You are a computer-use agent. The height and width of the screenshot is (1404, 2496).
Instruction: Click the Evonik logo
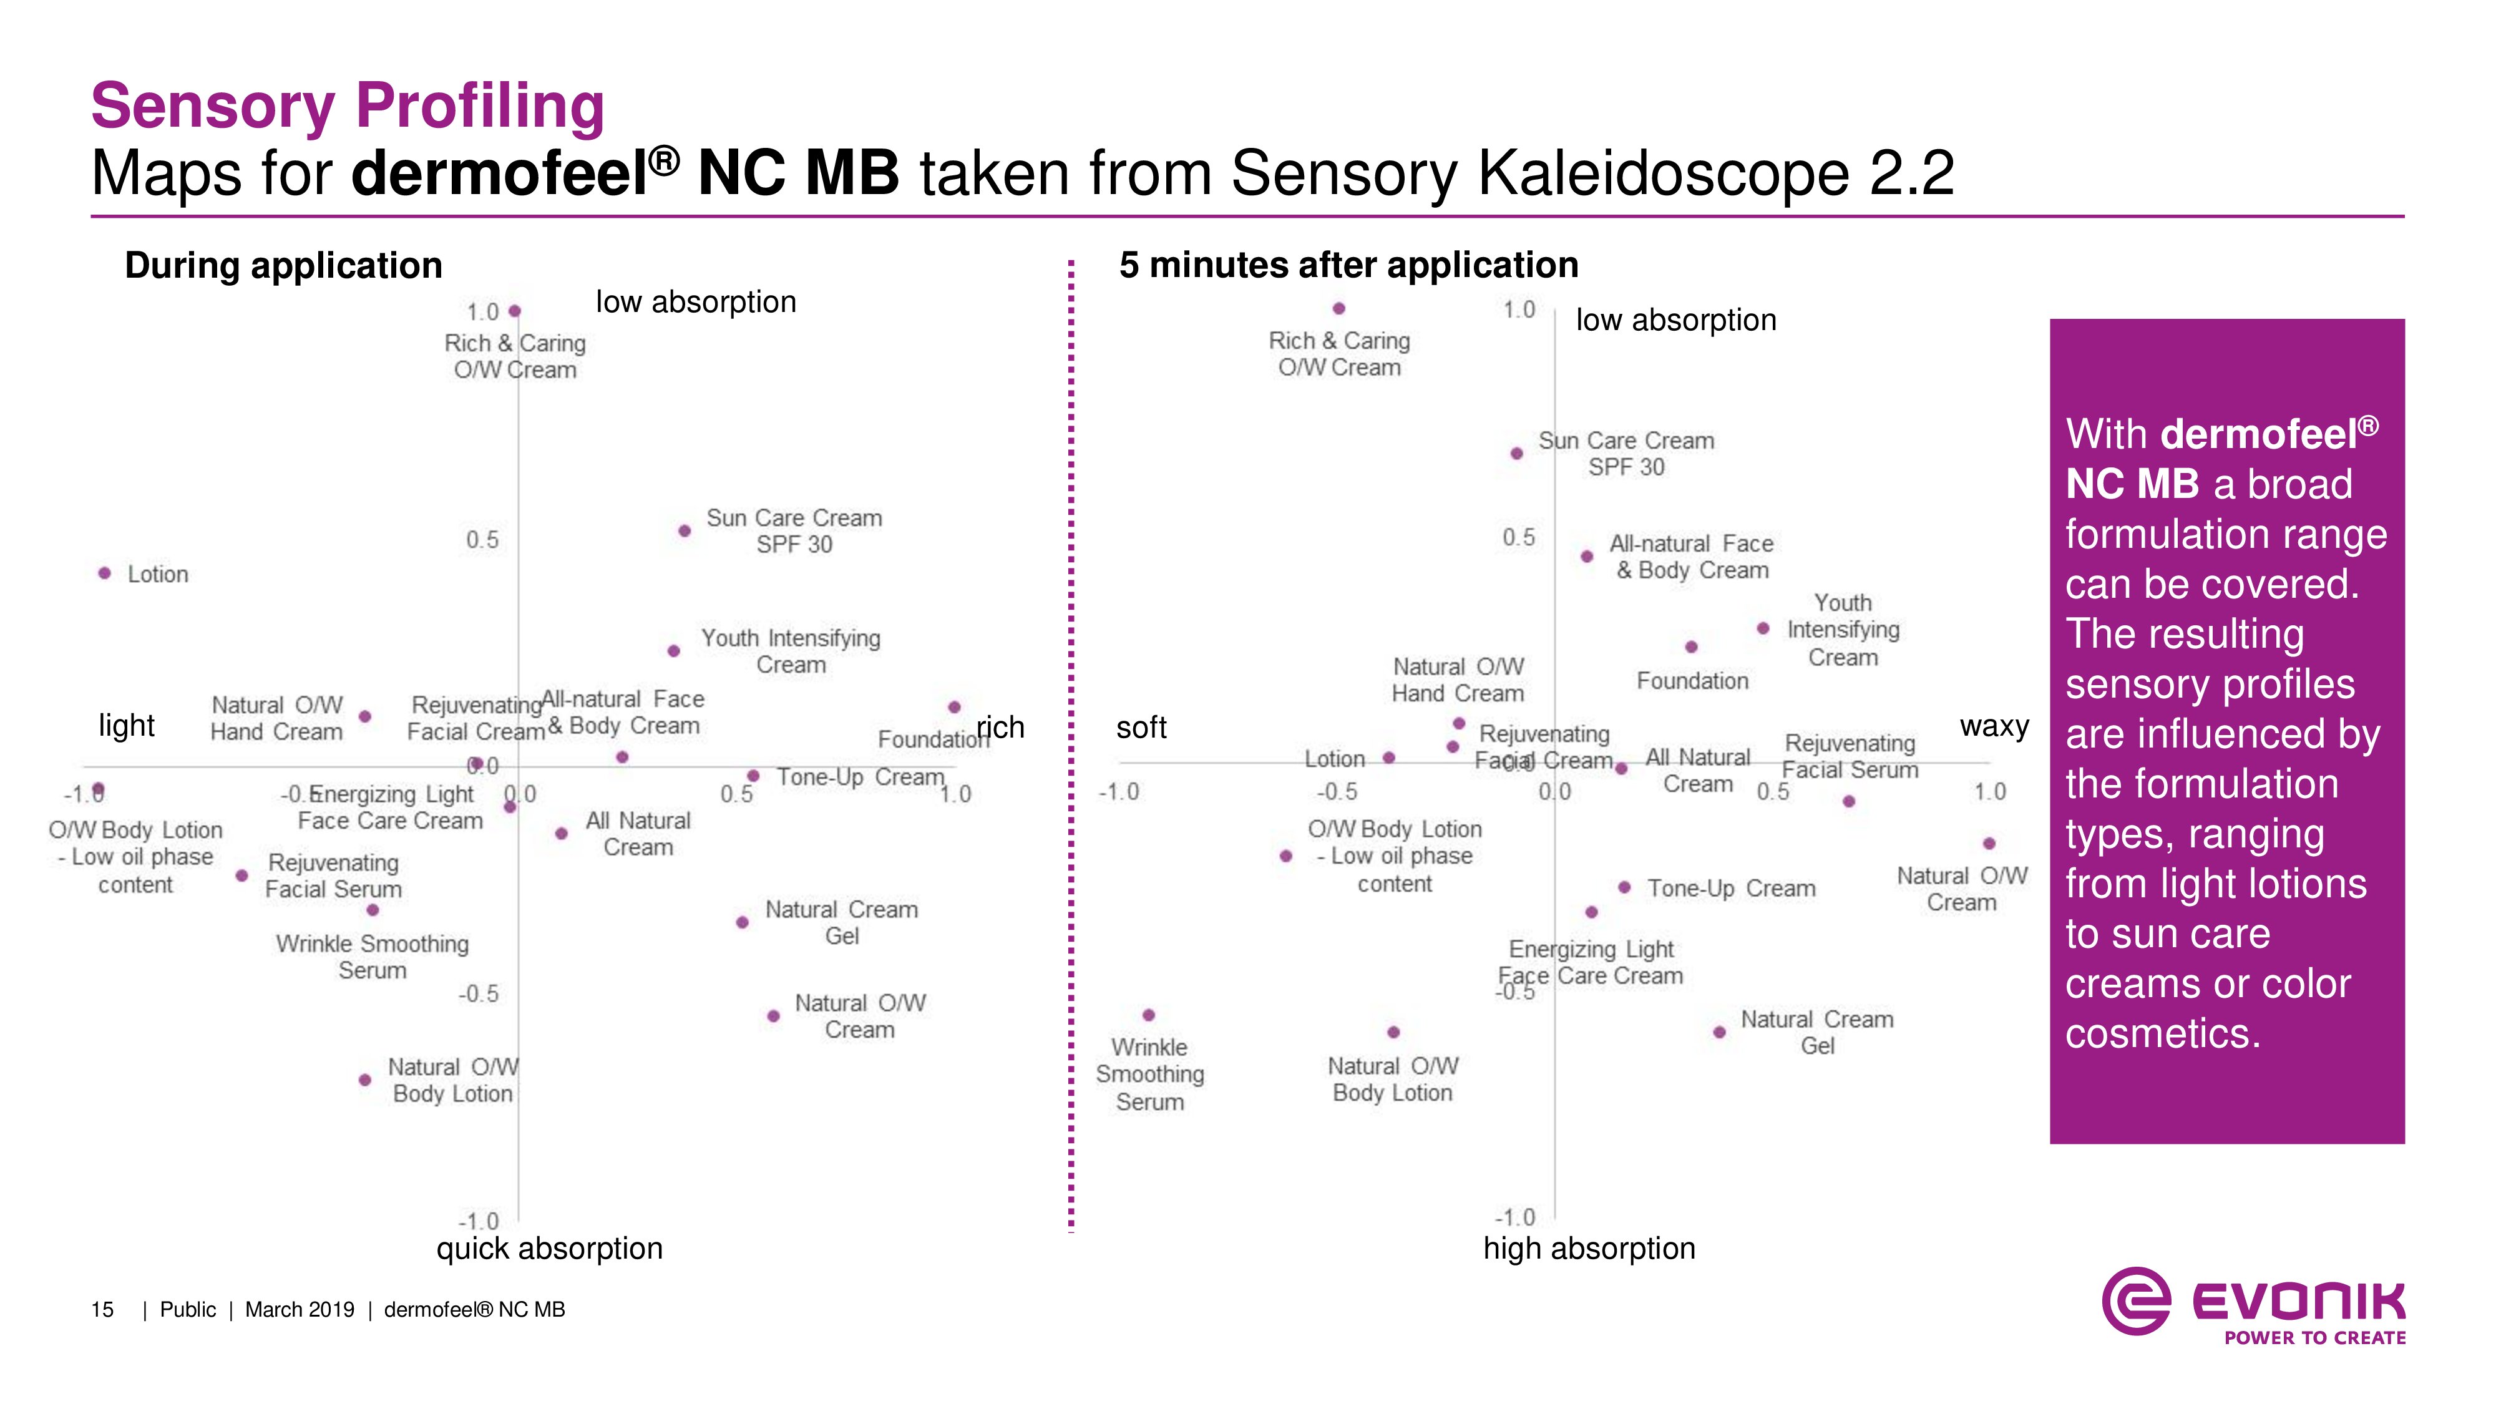pos(2252,1305)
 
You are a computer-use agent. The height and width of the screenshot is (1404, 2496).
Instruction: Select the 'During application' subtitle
pos(283,265)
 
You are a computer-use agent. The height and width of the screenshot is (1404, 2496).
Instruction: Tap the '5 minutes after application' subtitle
pos(1348,265)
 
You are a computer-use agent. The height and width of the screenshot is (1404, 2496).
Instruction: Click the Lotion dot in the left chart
pos(105,573)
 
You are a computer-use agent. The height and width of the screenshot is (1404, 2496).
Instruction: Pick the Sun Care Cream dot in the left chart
pos(684,531)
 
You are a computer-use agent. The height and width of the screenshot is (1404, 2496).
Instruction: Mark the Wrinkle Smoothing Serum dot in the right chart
pos(1148,1015)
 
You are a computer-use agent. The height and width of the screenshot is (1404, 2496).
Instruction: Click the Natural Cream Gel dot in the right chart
pos(1719,1032)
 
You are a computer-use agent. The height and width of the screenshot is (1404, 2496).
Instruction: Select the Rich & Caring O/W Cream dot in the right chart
pos(1338,309)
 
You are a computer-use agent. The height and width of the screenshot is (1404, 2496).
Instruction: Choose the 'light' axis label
pos(127,724)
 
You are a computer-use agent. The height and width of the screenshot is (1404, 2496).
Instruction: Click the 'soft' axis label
pos(1141,727)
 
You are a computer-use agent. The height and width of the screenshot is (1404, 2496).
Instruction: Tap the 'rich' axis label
pos(1001,727)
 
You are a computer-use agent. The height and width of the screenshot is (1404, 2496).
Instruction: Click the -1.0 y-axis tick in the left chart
pos(478,1221)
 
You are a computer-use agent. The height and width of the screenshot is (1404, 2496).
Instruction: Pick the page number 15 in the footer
pos(102,1310)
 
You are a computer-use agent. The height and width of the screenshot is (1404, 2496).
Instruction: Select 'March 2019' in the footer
pos(300,1310)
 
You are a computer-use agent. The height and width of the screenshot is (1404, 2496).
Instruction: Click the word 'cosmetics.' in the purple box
pos(2163,1034)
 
